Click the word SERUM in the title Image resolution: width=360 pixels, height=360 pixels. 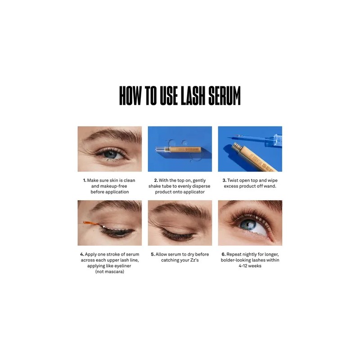[224, 96]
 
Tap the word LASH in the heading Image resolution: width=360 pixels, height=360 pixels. [193, 96]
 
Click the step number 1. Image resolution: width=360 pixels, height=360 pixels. [85, 180]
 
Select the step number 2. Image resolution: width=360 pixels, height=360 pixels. [156, 180]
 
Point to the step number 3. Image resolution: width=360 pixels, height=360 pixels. [224, 180]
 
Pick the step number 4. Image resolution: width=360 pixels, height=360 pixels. [82, 254]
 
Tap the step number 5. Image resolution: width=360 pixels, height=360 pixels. [153, 254]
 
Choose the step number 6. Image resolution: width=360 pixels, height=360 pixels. [224, 254]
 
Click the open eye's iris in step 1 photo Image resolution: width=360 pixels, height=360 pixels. [111, 154]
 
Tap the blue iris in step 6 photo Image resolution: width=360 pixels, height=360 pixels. [248, 225]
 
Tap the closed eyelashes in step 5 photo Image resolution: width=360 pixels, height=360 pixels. [178, 236]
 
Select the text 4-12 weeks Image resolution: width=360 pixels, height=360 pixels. [250, 266]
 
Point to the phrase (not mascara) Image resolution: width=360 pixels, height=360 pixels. [110, 272]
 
